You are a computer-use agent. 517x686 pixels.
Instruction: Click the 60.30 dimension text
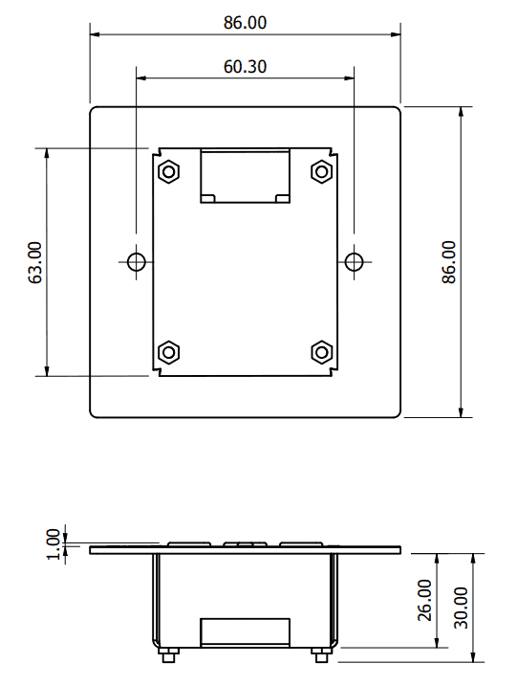pyautogui.click(x=245, y=67)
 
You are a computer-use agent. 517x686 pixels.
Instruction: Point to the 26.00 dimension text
pyautogui.click(x=425, y=600)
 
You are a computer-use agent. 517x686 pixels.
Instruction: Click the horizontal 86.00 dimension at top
pyautogui.click(x=245, y=23)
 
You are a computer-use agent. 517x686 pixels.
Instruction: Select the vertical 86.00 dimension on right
pyautogui.click(x=448, y=261)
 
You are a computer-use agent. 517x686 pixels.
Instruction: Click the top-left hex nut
pyautogui.click(x=169, y=171)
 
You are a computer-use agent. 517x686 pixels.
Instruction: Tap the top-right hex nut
pyautogui.click(x=321, y=171)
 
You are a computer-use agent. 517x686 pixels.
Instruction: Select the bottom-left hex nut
pyautogui.click(x=169, y=352)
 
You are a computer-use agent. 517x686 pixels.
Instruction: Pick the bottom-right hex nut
pyautogui.click(x=321, y=352)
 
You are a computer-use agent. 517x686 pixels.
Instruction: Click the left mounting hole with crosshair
pyautogui.click(x=137, y=261)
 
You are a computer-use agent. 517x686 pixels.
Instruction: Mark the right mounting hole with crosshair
pyautogui.click(x=354, y=261)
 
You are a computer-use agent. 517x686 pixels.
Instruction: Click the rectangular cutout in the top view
pyautogui.click(x=245, y=175)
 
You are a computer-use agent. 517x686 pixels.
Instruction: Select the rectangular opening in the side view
pyautogui.click(x=245, y=632)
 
